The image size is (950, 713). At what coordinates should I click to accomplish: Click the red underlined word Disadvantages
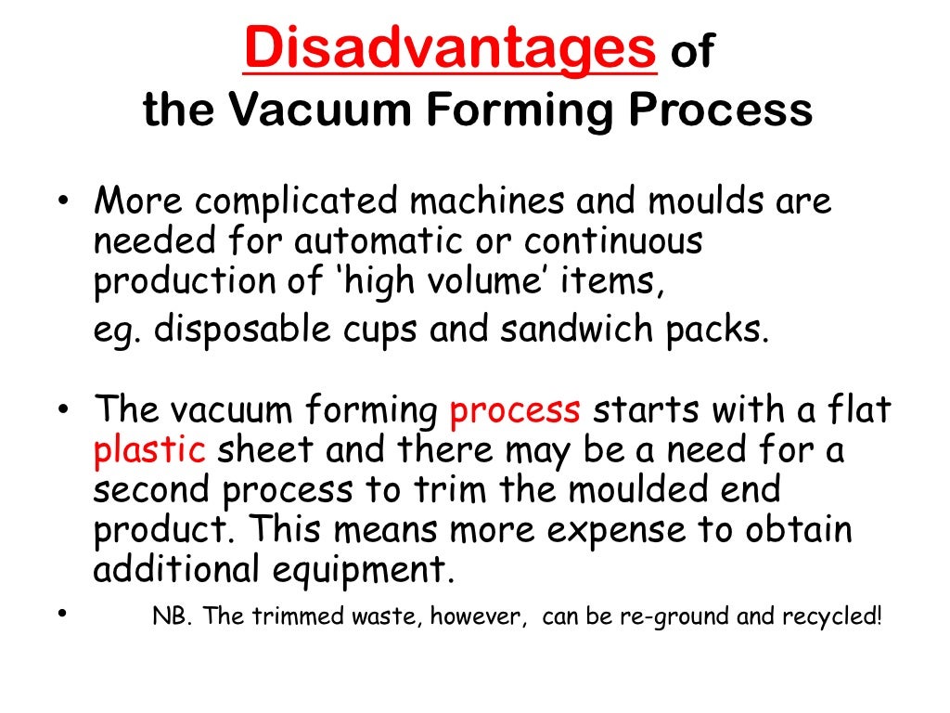click(x=450, y=48)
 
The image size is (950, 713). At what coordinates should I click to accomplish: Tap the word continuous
click(x=613, y=243)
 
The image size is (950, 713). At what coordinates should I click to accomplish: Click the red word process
click(x=515, y=409)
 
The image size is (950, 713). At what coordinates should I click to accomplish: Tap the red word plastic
click(x=149, y=449)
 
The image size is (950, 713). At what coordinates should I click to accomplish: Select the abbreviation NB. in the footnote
click(x=171, y=618)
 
